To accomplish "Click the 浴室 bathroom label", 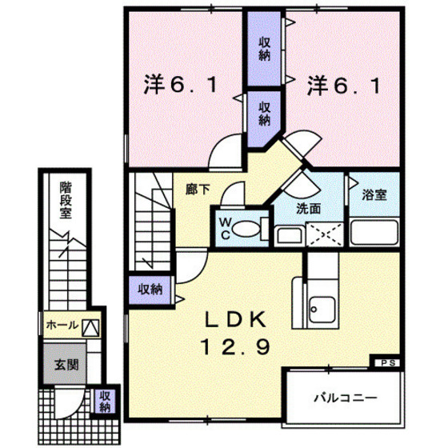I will [x=374, y=194].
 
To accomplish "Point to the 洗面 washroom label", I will [x=309, y=209].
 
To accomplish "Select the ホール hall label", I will [x=62, y=326].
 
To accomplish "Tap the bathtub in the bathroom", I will [x=373, y=233].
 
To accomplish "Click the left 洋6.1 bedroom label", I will [x=182, y=82].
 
